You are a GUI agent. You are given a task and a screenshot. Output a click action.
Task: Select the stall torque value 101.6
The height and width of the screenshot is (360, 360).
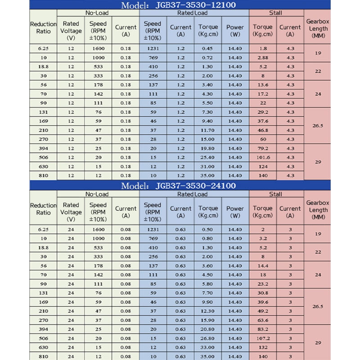point(263,157)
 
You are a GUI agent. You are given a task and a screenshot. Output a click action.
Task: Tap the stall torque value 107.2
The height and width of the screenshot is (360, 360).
point(263,338)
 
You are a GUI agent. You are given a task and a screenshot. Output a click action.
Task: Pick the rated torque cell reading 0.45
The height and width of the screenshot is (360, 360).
point(208,49)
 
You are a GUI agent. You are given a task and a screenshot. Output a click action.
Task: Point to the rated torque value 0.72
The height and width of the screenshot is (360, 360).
point(208,58)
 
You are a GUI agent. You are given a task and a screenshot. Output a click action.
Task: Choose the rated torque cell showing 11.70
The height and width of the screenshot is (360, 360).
point(208,130)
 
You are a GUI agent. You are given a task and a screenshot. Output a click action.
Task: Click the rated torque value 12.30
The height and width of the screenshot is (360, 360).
point(208,311)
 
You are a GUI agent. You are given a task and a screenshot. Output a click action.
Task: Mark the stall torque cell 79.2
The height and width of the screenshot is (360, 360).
point(263,148)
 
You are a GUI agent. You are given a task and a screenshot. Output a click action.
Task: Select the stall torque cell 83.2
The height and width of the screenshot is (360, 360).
point(263,329)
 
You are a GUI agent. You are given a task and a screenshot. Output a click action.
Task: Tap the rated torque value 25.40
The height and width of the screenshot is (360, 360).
point(208,157)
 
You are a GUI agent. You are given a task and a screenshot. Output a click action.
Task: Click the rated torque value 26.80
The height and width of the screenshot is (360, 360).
point(208,338)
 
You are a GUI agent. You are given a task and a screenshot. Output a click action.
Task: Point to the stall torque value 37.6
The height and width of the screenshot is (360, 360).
point(263,121)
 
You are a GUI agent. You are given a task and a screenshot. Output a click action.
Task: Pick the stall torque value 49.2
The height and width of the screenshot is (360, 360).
point(263,311)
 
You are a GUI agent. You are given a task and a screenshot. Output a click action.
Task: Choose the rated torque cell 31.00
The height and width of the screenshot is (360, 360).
point(208,166)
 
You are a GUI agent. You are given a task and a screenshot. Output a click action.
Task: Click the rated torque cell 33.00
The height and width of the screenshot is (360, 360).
point(208,347)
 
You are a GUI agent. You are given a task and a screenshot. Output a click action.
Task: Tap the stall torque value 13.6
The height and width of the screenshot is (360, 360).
point(263,85)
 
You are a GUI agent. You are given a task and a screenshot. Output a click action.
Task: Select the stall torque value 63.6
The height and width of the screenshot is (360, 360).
point(263,320)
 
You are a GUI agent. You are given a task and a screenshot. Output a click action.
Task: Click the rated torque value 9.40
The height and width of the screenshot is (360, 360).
point(208,121)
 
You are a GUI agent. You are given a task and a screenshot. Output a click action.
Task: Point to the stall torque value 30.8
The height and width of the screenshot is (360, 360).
point(263,293)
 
